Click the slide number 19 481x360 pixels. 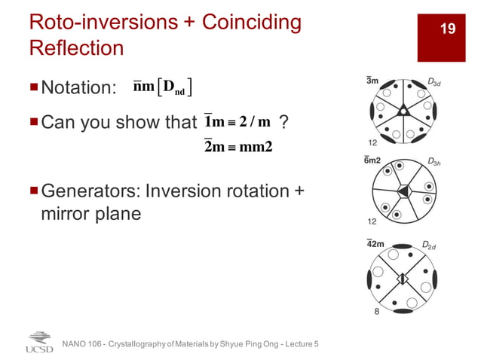[448, 29]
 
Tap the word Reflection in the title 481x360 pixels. [76, 48]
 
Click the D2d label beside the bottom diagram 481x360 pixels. [427, 245]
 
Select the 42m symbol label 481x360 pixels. [375, 244]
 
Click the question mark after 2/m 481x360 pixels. [282, 121]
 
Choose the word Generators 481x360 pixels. [91, 191]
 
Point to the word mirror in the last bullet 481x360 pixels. [67, 214]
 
